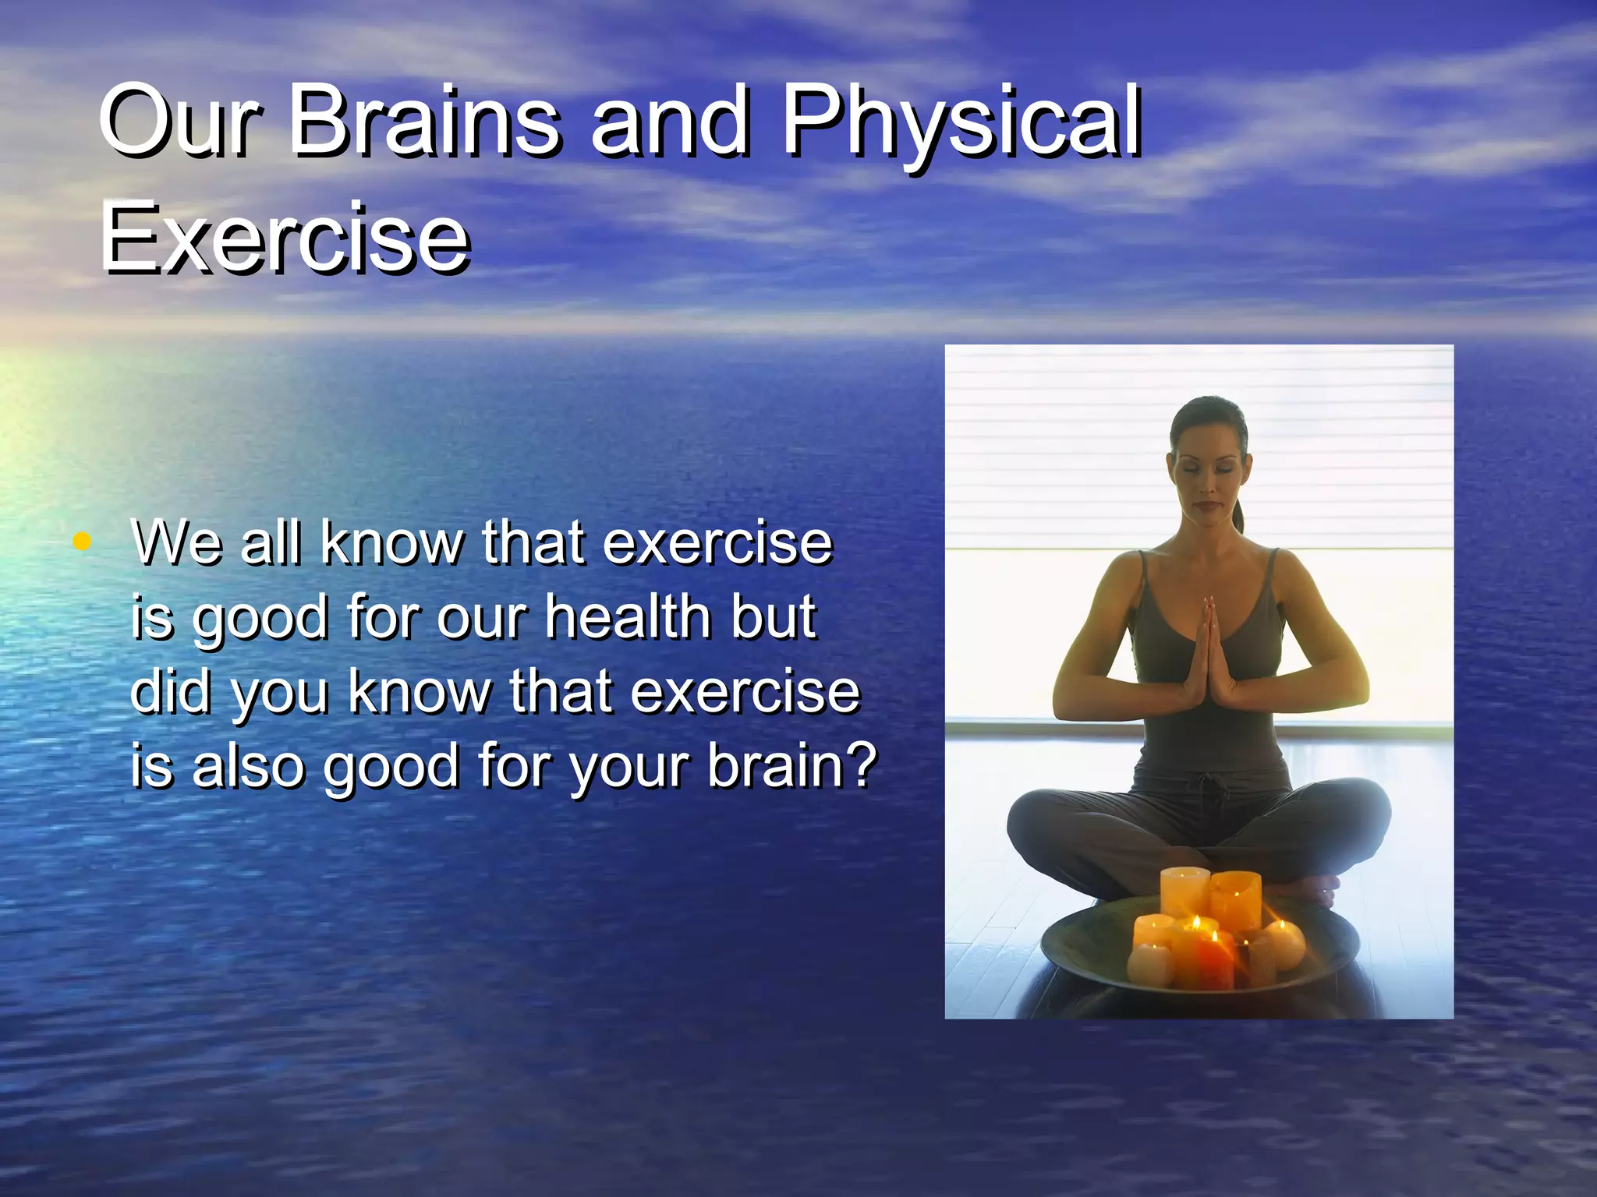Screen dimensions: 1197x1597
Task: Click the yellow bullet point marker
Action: [x=81, y=540]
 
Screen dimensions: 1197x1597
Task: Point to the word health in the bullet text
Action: [x=629, y=616]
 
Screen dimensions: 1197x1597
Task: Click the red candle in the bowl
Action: [x=1214, y=962]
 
